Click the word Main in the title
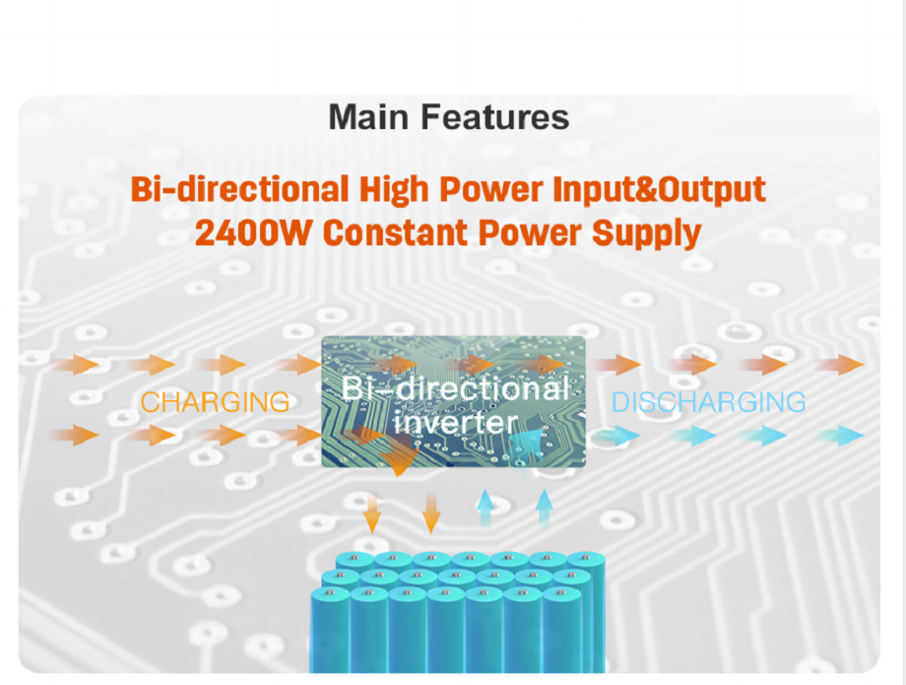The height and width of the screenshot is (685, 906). coord(368,116)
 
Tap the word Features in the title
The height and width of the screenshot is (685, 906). coord(495,116)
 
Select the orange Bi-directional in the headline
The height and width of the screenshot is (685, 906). coord(239,189)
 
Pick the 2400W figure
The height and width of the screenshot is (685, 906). coord(254,233)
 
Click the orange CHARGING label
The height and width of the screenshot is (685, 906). coord(215,402)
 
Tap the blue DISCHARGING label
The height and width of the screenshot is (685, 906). coord(708,402)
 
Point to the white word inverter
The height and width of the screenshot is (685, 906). coord(455,422)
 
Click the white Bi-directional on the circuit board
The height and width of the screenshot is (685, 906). coord(455,388)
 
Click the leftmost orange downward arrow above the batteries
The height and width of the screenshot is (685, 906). coord(372,513)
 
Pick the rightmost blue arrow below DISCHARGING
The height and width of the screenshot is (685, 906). coord(843,436)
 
